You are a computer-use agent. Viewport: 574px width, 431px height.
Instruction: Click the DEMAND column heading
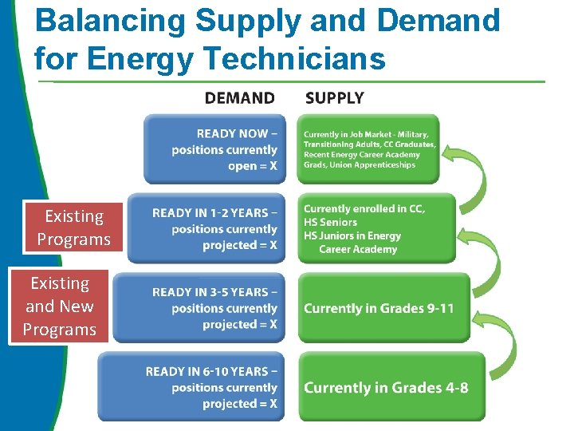[x=239, y=98]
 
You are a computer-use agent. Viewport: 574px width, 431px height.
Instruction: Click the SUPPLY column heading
[x=334, y=98]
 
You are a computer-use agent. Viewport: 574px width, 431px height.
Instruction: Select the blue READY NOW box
[x=214, y=149]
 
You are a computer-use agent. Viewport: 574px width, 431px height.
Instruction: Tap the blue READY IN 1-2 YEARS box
[x=206, y=228]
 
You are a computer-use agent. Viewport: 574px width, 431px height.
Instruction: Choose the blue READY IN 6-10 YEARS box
[x=191, y=387]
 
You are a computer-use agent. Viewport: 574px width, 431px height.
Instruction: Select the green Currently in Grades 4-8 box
[x=391, y=387]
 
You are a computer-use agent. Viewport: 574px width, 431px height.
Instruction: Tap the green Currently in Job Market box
[x=369, y=149]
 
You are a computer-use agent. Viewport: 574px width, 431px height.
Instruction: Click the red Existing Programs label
[x=74, y=227]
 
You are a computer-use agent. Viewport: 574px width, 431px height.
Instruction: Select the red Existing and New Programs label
[x=60, y=306]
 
